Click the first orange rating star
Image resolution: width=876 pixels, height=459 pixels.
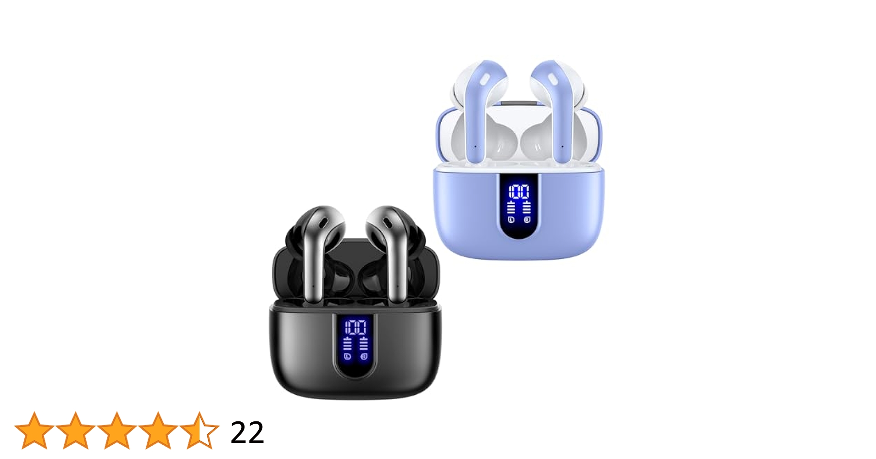34,431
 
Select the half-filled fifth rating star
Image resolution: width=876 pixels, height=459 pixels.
200,431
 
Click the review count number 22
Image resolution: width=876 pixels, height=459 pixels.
247,432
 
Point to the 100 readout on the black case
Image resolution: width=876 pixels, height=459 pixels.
355,328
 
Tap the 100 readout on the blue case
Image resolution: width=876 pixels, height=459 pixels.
519,191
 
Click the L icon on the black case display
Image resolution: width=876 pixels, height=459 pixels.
348,356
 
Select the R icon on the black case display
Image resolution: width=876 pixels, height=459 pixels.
364,356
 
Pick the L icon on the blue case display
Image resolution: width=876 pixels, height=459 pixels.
511,219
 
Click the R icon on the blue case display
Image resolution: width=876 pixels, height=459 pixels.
527,219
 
